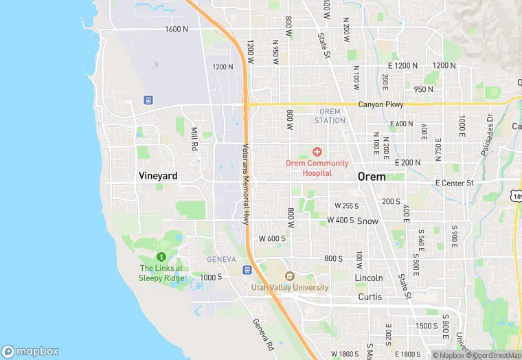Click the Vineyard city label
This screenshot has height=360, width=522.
pos(158,176)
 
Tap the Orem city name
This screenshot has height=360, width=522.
pos(372,177)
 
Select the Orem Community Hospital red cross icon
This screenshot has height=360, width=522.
pos(317,151)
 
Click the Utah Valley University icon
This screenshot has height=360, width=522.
pos(289,276)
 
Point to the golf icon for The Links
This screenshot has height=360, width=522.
pos(162,256)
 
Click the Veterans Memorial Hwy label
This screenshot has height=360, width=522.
pos(246,184)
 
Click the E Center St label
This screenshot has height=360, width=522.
pos(455,183)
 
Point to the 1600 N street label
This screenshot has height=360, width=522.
pos(177,29)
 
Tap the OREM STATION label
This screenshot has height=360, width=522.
pos(330,116)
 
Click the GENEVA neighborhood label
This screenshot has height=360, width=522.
pos(222,259)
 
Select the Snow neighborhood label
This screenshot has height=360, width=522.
pos(367,221)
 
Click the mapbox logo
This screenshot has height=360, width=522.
pos(30,351)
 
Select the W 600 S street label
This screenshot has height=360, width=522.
pos(272,238)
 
